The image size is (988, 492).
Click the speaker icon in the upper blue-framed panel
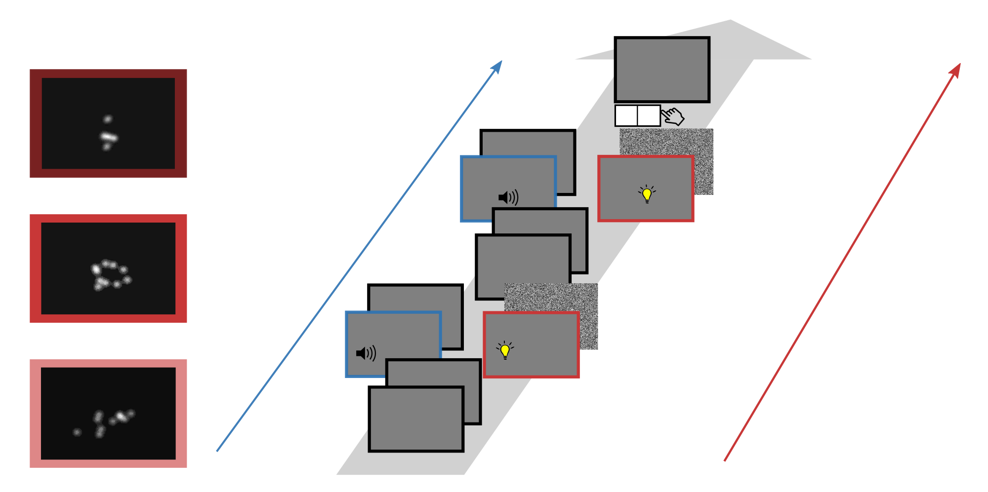(508, 197)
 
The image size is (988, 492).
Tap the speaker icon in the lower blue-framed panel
(366, 353)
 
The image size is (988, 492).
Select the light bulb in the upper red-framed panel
(647, 194)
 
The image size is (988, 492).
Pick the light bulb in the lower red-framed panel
(505, 350)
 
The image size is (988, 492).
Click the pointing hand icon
(673, 116)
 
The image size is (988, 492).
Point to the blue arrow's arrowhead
(498, 66)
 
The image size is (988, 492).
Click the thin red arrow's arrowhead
(956, 69)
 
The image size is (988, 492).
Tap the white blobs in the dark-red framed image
(108, 133)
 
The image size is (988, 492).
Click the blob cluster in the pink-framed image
(106, 422)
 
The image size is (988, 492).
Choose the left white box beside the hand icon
(626, 116)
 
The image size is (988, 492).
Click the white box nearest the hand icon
(649, 116)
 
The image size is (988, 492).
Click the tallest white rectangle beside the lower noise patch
(678, 323)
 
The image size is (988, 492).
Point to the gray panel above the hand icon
(662, 70)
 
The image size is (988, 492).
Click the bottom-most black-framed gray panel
(416, 419)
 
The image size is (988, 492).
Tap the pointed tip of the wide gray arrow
(731, 21)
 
